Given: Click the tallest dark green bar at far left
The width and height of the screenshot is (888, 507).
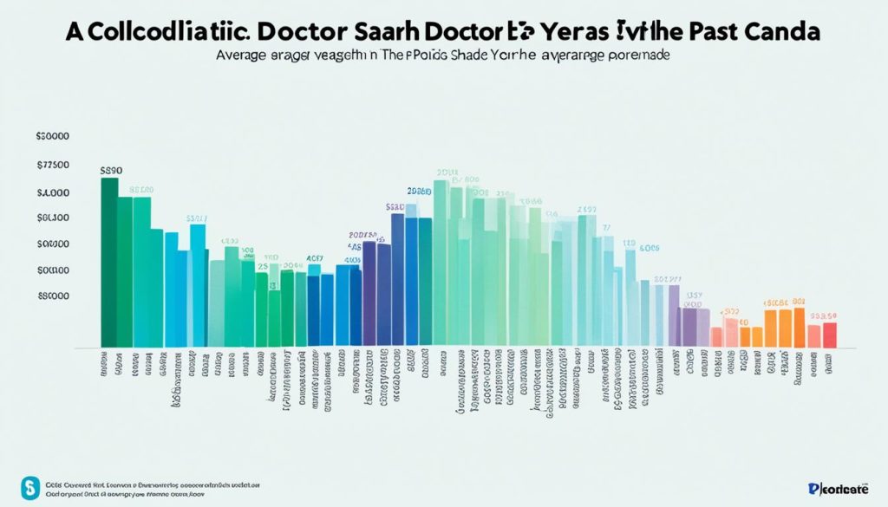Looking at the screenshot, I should pos(109,260).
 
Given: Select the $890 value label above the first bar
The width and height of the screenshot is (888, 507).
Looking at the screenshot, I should pos(112,171).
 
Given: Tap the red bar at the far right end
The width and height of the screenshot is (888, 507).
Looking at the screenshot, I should pos(830,335).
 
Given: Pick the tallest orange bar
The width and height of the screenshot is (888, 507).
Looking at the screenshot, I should pos(799,327).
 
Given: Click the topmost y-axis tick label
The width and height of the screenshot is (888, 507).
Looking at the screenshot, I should pos(53,136).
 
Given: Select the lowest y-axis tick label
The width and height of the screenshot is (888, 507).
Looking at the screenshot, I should pos(53,296).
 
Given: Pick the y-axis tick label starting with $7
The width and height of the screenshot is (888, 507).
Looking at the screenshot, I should pos(53,164).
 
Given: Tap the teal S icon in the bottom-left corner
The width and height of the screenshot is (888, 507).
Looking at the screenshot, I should pos(31,486).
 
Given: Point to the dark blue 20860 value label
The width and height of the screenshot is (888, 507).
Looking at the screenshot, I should pos(418,191).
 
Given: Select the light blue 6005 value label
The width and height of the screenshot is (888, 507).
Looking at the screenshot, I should pos(649,248).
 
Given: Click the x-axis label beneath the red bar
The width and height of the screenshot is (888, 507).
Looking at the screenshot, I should pos(830,362).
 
